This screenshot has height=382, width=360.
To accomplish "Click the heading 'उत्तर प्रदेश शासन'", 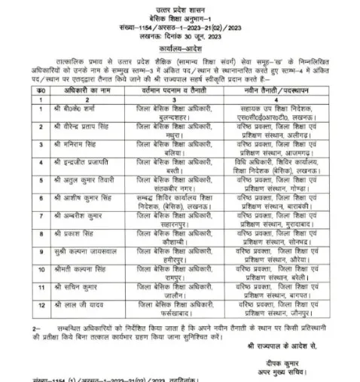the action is tap(179, 5).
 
